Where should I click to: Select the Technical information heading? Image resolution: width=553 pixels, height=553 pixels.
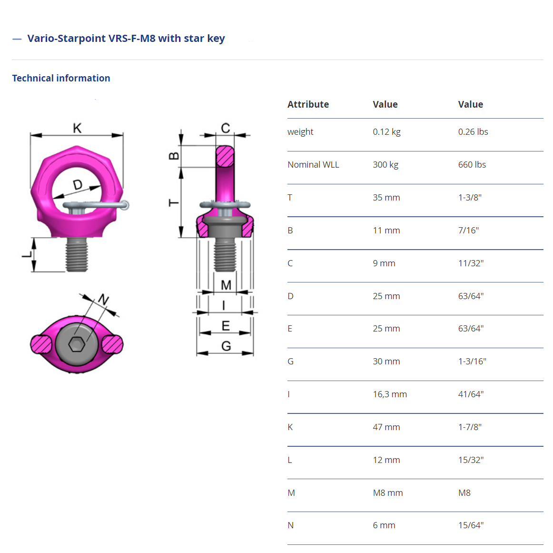(x=61, y=78)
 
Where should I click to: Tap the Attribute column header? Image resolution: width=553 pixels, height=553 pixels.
(x=308, y=104)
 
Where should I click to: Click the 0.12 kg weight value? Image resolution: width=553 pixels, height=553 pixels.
(x=386, y=132)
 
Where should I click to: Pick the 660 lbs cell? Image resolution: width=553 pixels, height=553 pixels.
(x=472, y=164)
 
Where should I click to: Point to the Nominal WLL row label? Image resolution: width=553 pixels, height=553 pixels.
(x=313, y=164)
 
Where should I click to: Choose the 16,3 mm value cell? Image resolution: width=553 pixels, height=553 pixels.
(x=390, y=394)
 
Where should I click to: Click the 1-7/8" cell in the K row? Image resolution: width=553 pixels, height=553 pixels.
(x=470, y=427)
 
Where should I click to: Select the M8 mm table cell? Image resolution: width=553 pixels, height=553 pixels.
(x=387, y=493)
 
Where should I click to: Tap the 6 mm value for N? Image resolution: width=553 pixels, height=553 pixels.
(x=384, y=525)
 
